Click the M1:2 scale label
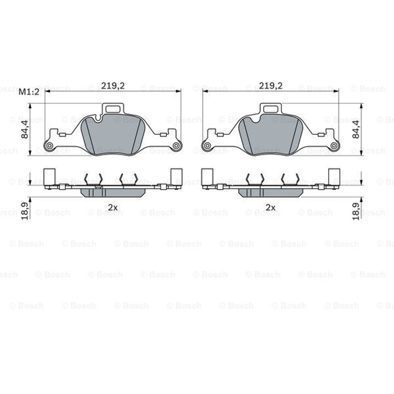(29, 92)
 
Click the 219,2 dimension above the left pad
(113, 86)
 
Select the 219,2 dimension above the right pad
(271, 86)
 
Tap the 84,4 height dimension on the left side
(25, 129)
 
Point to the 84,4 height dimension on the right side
(356, 129)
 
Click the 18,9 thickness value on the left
(25, 211)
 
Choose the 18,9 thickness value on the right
(356, 211)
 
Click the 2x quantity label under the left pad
(113, 207)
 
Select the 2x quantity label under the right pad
(271, 207)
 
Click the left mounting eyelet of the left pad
(49, 146)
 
